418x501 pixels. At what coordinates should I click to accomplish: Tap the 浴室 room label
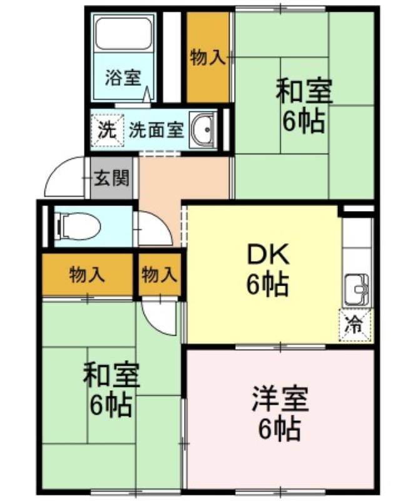123,78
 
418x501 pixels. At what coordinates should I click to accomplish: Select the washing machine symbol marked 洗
107,130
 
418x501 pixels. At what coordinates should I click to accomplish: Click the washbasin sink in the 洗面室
203,130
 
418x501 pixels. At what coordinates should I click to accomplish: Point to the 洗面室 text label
156,130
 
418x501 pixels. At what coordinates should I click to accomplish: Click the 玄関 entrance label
112,178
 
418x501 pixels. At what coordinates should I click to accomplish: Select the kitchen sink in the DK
357,289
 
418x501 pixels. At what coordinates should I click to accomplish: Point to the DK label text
268,254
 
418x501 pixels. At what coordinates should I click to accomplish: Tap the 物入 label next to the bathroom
208,58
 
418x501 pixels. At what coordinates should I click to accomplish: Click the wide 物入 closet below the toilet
87,275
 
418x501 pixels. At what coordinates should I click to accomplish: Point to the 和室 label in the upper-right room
304,91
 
